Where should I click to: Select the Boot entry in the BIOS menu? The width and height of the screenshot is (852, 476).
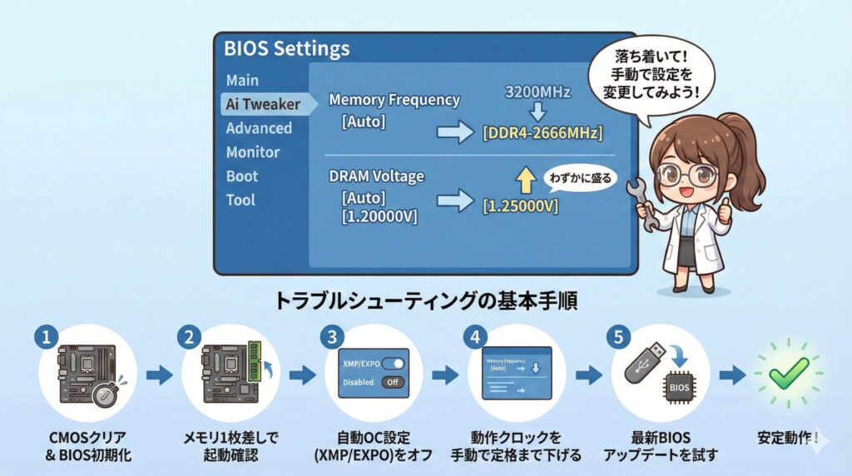[x=242, y=176]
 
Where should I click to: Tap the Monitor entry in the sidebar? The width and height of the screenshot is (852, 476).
[x=253, y=152]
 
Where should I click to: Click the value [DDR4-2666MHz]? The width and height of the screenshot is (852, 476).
[x=542, y=133]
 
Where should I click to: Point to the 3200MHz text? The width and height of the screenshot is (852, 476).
[x=537, y=92]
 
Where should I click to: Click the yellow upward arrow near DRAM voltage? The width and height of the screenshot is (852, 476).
[x=525, y=179]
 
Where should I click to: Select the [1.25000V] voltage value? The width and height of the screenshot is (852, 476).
[x=521, y=206]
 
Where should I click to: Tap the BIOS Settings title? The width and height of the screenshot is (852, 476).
[x=286, y=48]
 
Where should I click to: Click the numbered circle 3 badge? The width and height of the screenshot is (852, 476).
[x=334, y=337]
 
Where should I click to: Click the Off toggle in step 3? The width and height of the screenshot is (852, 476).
[x=393, y=383]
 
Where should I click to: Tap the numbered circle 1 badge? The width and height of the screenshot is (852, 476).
[x=47, y=337]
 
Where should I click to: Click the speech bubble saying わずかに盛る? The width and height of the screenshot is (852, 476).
[x=579, y=179]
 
